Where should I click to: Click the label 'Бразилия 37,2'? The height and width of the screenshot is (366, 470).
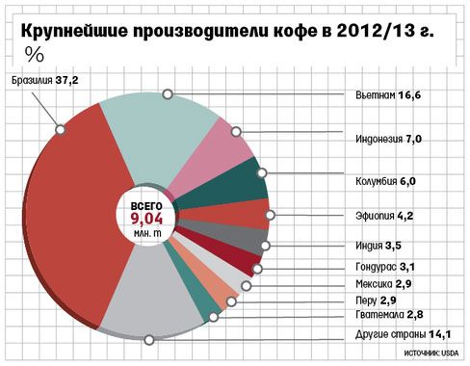[44, 80]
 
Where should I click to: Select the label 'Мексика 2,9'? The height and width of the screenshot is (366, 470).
[383, 285]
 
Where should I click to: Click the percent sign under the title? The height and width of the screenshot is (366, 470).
[34, 53]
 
